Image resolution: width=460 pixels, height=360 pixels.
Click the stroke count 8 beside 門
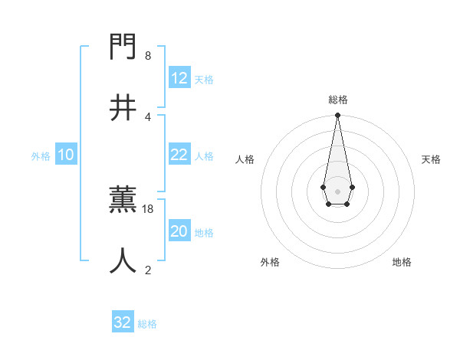148,56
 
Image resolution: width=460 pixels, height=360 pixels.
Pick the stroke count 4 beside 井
148,116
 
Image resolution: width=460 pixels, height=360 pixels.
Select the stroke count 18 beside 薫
149,208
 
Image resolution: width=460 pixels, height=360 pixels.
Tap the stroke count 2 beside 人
148,269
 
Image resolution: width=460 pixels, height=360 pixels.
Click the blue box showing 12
179,78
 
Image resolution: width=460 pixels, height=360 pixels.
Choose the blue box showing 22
179,155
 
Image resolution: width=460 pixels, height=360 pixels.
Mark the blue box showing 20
179,231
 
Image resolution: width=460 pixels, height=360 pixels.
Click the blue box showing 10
66,155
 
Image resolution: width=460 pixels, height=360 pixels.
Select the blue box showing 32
123,322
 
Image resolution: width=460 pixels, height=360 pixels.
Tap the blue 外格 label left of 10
41,156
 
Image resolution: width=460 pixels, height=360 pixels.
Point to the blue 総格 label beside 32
147,324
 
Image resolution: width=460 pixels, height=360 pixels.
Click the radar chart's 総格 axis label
337,100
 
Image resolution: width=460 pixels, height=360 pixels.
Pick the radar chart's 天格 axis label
431,159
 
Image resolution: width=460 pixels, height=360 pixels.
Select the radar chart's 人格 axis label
245,159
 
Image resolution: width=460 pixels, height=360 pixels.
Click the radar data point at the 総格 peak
337,115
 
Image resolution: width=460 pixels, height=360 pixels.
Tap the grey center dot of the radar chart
337,191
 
